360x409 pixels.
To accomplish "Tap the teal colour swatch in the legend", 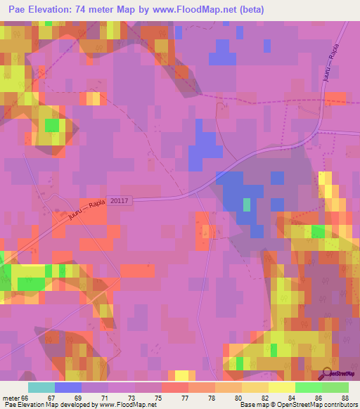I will [x=41, y=387].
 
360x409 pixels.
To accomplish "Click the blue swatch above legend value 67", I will [x=67, y=387].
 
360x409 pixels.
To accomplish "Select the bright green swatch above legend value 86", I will [x=308, y=387].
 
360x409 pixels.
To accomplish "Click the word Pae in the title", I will [x=13, y=10].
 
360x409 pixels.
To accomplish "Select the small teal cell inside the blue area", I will [x=247, y=204].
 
